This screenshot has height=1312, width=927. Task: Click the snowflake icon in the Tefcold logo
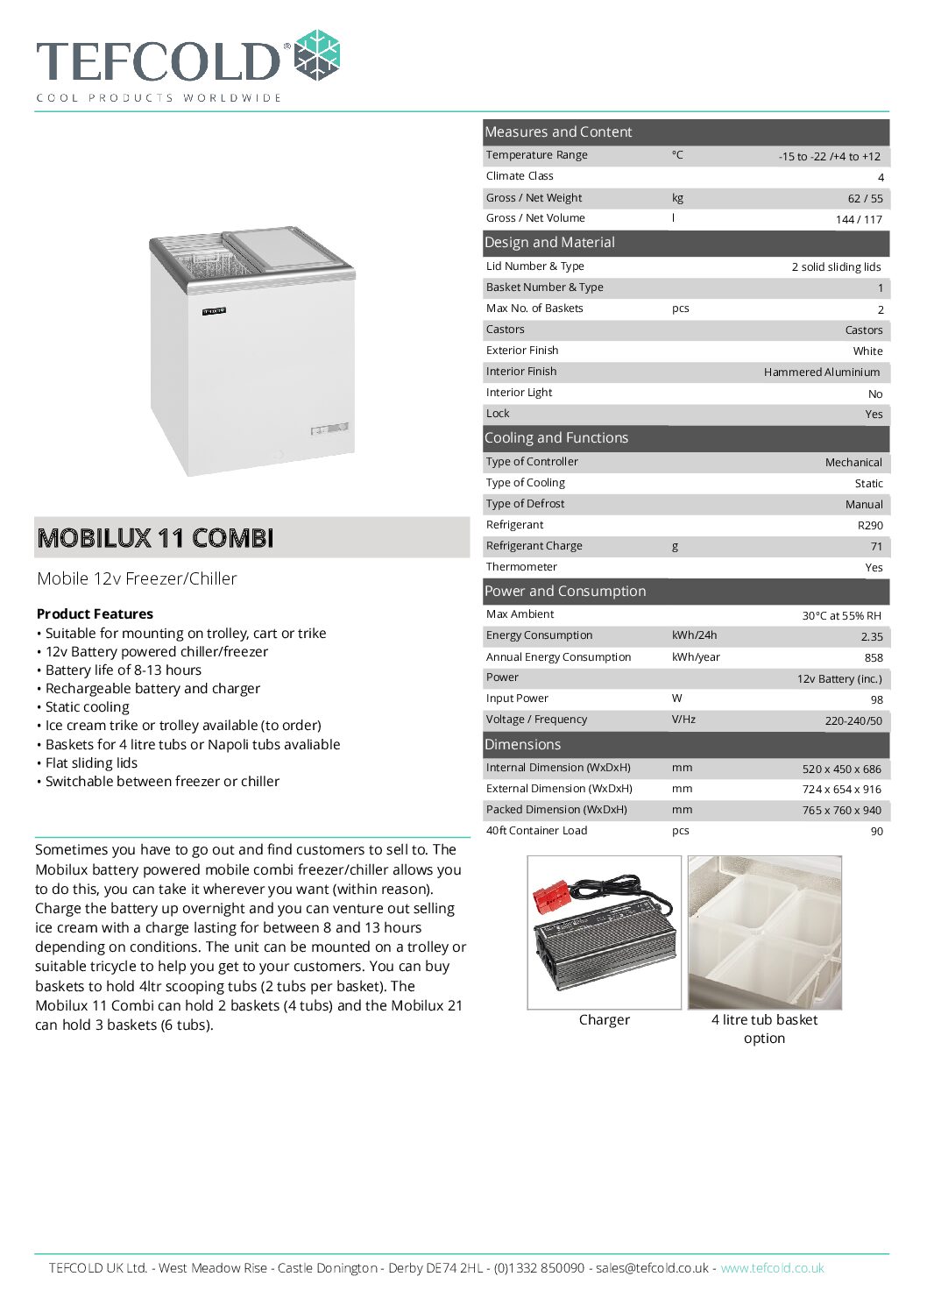pyautogui.click(x=316, y=55)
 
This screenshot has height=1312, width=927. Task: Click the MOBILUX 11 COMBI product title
pyautogui.click(x=155, y=537)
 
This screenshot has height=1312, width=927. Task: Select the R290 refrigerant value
pyautogui.click(x=869, y=525)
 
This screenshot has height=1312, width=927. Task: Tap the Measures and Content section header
pyautogui.click(x=558, y=131)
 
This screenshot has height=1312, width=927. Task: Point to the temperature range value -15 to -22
pyautogui.click(x=829, y=156)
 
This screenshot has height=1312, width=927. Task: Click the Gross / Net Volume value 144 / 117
pyautogui.click(x=858, y=219)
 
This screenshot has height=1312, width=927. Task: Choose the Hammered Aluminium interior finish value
pyautogui.click(x=821, y=372)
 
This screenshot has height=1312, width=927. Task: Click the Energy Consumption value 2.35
pyautogui.click(x=871, y=636)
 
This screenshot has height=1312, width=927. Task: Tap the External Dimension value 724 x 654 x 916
pyautogui.click(x=841, y=789)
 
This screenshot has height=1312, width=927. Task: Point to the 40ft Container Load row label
pyautogui.click(x=536, y=830)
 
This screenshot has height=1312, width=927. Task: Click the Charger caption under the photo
pyautogui.click(x=604, y=1019)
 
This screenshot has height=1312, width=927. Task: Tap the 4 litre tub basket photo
pyautogui.click(x=764, y=933)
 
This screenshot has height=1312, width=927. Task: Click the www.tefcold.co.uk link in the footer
pyautogui.click(x=771, y=1267)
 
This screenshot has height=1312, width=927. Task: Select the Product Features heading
pyautogui.click(x=95, y=613)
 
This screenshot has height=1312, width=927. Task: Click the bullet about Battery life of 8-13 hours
pyautogui.click(x=123, y=670)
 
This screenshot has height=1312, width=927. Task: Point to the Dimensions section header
pyautogui.click(x=522, y=744)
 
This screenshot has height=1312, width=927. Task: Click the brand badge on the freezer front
pyautogui.click(x=214, y=310)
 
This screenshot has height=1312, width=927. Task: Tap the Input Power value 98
pyautogui.click(x=876, y=699)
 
